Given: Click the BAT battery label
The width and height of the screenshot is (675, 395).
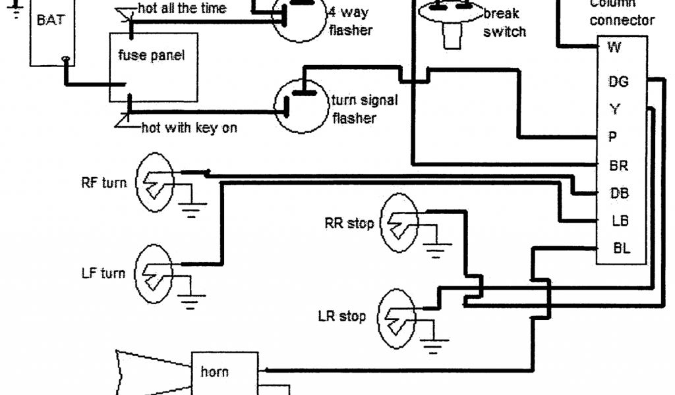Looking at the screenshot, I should click(x=51, y=20).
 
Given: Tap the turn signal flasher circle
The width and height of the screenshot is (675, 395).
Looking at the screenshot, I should click(x=301, y=105).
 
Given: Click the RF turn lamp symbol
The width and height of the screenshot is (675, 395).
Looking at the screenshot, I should click(x=156, y=182).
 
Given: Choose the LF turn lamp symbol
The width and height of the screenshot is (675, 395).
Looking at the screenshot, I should click(x=155, y=273).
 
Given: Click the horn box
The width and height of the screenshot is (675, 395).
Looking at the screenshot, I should click(x=216, y=373).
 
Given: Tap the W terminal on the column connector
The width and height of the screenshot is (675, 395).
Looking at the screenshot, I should click(x=614, y=47).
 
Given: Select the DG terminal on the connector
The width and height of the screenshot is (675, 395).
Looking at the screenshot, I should click(x=618, y=82).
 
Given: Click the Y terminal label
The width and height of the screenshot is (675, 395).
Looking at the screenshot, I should click(x=614, y=109).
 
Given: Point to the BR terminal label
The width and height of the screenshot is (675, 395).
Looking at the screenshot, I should click(x=618, y=166).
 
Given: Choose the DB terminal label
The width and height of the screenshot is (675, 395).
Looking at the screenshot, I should click(x=618, y=194).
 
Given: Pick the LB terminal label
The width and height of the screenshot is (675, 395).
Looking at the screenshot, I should click(x=618, y=222).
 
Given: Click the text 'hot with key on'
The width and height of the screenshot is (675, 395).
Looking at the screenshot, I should click(x=189, y=128).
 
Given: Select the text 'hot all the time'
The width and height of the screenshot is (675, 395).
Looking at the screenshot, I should click(x=182, y=9).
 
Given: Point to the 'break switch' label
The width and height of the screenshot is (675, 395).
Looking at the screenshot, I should click(x=505, y=22).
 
